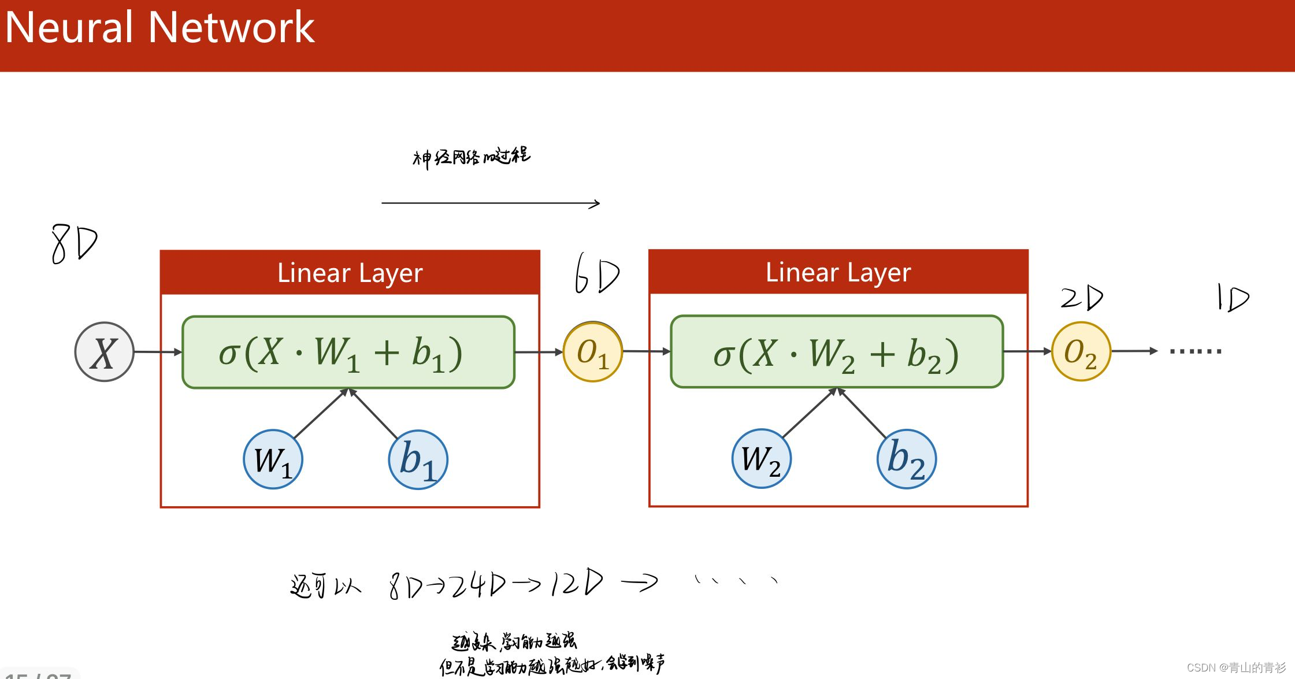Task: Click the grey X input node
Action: [x=104, y=352]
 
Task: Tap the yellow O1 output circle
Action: [x=592, y=352]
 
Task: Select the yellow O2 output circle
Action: [x=1081, y=351]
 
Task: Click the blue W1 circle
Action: [x=273, y=459]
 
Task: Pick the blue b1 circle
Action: [x=418, y=459]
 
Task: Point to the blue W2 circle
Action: [x=761, y=459]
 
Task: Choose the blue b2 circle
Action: [x=906, y=459]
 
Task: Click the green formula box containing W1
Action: [x=348, y=352]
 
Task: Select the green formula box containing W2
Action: [x=836, y=351]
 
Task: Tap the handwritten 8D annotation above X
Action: [x=74, y=244]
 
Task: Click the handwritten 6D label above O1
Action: [x=596, y=274]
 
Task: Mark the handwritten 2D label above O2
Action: [x=1082, y=298]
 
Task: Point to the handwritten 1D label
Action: [x=1233, y=298]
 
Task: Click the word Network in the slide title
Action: [x=231, y=27]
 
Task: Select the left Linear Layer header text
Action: [x=350, y=273]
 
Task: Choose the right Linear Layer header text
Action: [x=838, y=272]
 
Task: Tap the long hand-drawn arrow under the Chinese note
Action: [x=490, y=203]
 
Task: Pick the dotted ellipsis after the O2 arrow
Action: [x=1195, y=351]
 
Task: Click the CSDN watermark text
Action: [x=1236, y=667]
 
